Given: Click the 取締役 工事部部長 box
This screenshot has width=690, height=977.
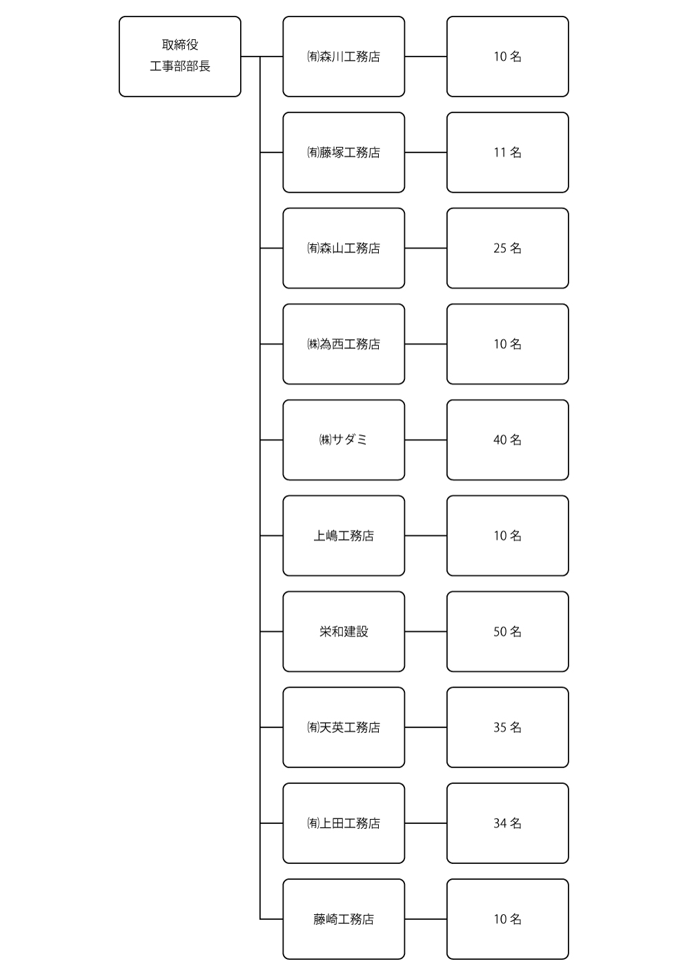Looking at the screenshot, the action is pos(180,57).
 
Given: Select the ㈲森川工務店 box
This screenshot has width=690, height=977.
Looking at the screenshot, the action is pos(344,57).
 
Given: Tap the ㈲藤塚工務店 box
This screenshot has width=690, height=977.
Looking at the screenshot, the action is pos(344,152).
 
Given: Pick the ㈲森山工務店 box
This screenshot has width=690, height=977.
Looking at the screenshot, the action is pos(344,248).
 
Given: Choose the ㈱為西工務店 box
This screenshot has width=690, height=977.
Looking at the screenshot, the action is pos(344,344).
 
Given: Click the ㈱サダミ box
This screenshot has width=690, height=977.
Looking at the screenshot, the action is pos(344,440).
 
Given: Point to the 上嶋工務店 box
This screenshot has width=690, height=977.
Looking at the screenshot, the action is pos(344,536).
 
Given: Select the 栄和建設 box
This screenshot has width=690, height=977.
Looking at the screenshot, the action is pos(344,632).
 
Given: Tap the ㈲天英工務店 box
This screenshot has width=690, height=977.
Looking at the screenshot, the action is pos(344,727).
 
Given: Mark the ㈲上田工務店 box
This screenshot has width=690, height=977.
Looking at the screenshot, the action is pos(344,823).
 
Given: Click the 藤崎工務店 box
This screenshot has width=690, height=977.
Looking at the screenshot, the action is pos(344,919).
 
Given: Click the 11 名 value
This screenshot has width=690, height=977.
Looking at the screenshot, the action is pos(508,152).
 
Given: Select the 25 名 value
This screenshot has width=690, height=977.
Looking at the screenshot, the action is pos(508,248).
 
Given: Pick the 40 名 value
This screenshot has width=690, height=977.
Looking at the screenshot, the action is pos(508,440).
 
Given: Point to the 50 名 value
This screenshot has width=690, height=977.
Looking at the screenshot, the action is pos(508,632).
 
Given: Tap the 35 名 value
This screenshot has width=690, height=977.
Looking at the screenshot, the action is pos(508,727).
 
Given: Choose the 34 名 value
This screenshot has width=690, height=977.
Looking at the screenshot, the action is pos(508,823).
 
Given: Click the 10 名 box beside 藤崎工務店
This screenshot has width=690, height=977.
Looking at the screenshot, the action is pos(508,919).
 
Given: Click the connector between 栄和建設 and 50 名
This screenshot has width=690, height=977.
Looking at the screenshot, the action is pos(426,632).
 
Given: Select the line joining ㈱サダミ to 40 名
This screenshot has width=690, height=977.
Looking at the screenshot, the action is pos(426,440).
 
